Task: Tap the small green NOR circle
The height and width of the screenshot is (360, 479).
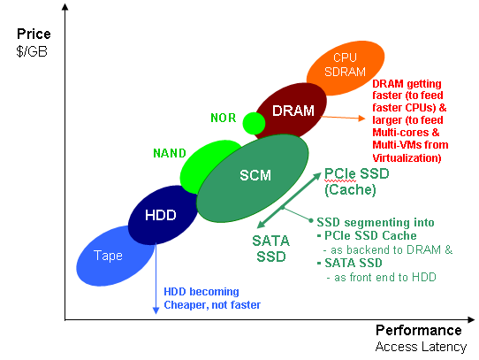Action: coord(254,123)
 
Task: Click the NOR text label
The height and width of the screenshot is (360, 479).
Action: coord(224,118)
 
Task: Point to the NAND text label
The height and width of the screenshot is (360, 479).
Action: coord(170,153)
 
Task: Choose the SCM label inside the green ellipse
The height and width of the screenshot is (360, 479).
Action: coord(255,175)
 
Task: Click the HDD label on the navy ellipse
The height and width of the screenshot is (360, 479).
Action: coord(161,215)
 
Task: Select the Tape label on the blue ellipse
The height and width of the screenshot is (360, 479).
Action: coord(108,256)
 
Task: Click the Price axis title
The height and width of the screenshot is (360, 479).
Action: coord(34,34)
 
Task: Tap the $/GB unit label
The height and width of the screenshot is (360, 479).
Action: coord(32,51)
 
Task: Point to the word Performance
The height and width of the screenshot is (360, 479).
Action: coord(419,330)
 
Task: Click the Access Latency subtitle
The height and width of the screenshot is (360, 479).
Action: coord(421,347)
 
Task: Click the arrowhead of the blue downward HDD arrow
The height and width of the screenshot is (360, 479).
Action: coord(156,310)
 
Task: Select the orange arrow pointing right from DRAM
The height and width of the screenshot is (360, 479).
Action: coord(343,118)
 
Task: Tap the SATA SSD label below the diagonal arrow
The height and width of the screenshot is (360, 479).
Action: coord(271,249)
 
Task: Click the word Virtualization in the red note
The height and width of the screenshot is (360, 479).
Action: coord(407,157)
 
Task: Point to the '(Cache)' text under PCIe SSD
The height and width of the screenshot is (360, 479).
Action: coord(350,189)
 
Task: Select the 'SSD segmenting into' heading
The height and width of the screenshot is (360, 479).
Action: coord(376,222)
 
